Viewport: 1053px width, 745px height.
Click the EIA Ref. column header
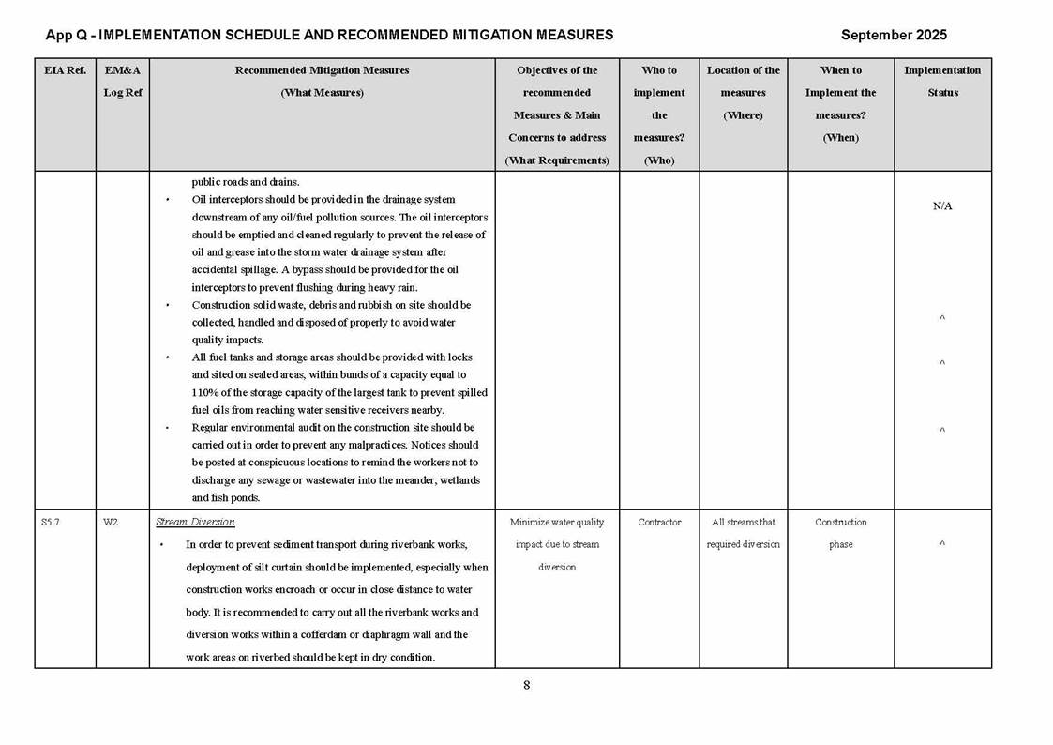pos(65,70)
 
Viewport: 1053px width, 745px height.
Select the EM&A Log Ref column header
pos(123,82)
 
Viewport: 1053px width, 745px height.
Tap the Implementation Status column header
pos(942,82)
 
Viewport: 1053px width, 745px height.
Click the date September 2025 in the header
pos(894,36)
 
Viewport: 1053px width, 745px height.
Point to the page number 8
pos(526,685)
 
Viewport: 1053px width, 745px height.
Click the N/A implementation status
pos(942,206)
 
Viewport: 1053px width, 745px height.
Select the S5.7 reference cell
pos(51,523)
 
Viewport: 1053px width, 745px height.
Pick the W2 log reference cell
pos(111,523)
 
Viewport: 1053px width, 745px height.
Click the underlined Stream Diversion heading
pos(195,523)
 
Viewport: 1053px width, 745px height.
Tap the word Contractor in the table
pos(659,523)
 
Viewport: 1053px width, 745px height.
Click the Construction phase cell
pos(840,533)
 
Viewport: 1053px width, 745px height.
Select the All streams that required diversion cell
pos(744,533)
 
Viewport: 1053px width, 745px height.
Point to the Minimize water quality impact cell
pos(557,544)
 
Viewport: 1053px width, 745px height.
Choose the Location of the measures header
pos(744,93)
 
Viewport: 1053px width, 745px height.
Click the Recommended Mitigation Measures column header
pos(322,82)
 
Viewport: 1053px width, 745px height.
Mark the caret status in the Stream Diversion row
pos(942,544)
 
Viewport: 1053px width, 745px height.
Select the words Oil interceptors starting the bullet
pos(225,200)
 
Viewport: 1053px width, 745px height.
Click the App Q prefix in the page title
pos(68,36)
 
